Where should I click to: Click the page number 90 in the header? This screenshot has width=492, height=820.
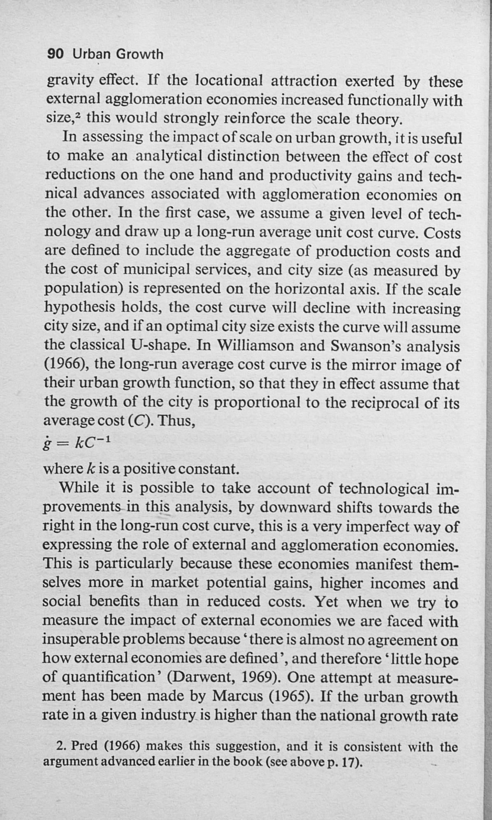(55, 54)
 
